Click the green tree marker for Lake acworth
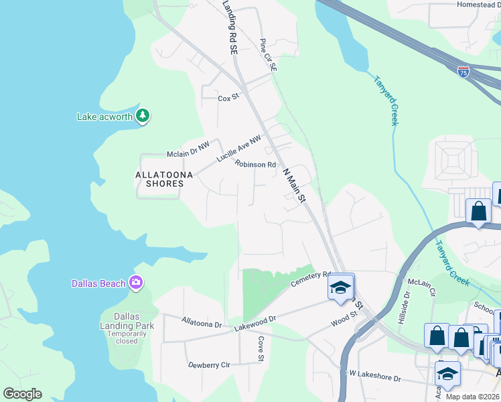(142, 116)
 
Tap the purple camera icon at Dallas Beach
(136, 283)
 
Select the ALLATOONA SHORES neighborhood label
(164, 180)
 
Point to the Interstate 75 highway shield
(463, 72)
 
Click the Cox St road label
(228, 98)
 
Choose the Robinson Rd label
(255, 164)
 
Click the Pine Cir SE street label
(267, 54)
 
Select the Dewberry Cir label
(209, 365)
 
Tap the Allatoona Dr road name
(201, 323)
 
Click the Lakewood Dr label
(255, 321)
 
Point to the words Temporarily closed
(127, 337)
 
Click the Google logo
(22, 394)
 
